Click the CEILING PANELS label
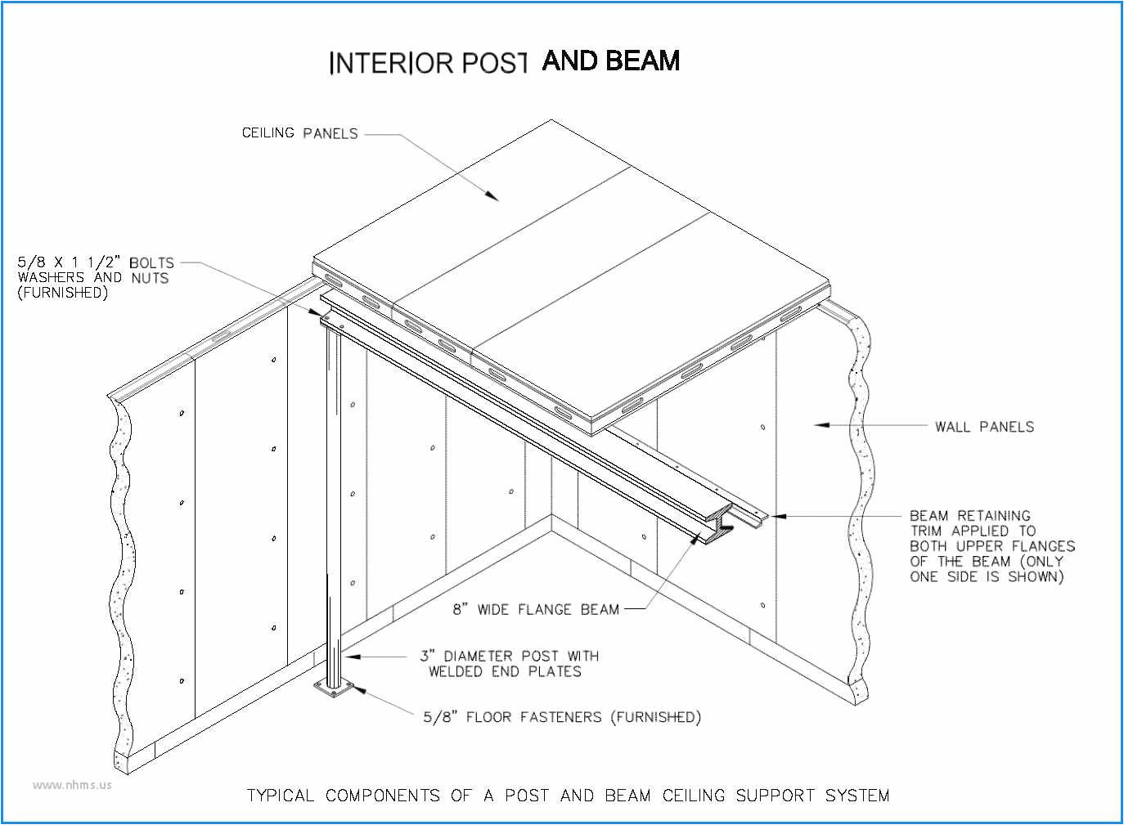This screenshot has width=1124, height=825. pyautogui.click(x=299, y=133)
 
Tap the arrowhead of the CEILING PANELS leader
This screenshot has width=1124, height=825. pyautogui.click(x=492, y=196)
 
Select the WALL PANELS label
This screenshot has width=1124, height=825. pyautogui.click(x=984, y=427)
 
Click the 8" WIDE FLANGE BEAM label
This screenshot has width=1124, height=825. pyautogui.click(x=536, y=609)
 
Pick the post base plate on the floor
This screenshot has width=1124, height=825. pyautogui.click(x=334, y=691)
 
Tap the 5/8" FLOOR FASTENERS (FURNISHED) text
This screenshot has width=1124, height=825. pyautogui.click(x=561, y=717)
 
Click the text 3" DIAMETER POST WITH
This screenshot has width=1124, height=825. pyautogui.click(x=509, y=656)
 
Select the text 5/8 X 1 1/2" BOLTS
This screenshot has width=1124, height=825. pyautogui.click(x=96, y=262)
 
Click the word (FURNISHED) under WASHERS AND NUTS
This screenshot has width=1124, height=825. pyautogui.click(x=62, y=293)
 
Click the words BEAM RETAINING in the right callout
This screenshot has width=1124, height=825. pyautogui.click(x=969, y=516)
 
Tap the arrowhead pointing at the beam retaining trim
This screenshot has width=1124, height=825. pyautogui.click(x=777, y=516)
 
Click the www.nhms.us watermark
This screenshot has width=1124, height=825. pyautogui.click(x=72, y=785)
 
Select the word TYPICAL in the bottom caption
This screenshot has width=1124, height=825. pyautogui.click(x=281, y=796)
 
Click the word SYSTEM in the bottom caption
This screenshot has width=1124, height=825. pyautogui.click(x=856, y=796)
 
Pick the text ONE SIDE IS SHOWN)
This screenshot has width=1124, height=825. pyautogui.click(x=987, y=576)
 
